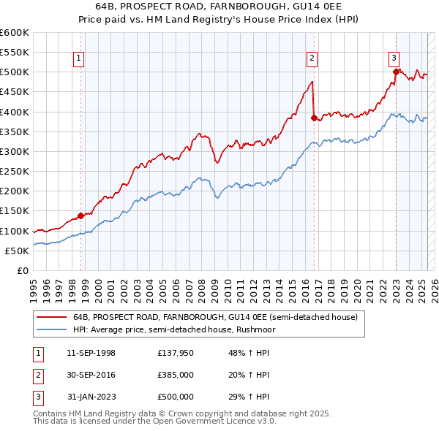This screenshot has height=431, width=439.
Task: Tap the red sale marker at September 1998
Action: tap(81, 215)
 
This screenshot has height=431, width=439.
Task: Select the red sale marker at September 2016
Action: tap(314, 117)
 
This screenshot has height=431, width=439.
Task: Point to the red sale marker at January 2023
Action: tap(396, 72)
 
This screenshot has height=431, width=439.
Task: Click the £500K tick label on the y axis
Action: tap(15, 72)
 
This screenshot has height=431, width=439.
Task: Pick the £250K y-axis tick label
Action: tap(15, 172)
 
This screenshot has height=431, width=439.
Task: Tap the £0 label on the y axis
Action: tap(21, 271)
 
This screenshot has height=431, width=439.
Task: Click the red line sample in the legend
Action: tap(53, 317)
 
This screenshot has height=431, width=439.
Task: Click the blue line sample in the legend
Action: tap(53, 329)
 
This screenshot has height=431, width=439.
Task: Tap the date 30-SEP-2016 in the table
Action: tap(91, 375)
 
